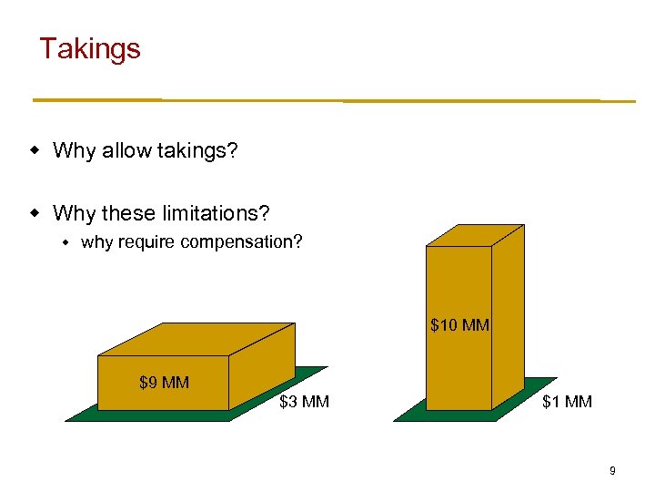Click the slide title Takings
pyautogui.click(x=90, y=48)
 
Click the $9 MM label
pyautogui.click(x=164, y=383)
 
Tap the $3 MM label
pyautogui.click(x=304, y=402)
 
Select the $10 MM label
pyautogui.click(x=459, y=325)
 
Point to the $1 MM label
pyautogui.click(x=567, y=402)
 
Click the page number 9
pyautogui.click(x=612, y=471)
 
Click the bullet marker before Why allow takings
pyautogui.click(x=35, y=149)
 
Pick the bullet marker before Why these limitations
pyautogui.click(x=35, y=213)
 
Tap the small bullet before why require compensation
pyautogui.click(x=65, y=242)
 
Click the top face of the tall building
pyautogui.click(x=476, y=233)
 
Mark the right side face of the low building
pyautogui.click(x=261, y=369)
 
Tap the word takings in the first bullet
pyautogui.click(x=200, y=150)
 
